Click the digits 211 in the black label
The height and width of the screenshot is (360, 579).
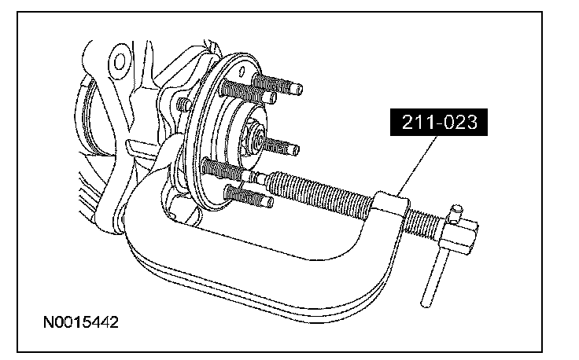click(415, 122)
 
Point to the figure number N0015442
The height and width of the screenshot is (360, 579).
click(81, 322)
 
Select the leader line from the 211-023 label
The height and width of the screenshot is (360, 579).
click(418, 165)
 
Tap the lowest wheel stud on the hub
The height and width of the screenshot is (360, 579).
click(249, 197)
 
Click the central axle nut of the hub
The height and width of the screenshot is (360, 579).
click(256, 138)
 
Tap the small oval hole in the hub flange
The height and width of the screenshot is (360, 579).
click(242, 72)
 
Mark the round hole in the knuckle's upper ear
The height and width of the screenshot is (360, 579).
click(120, 61)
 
